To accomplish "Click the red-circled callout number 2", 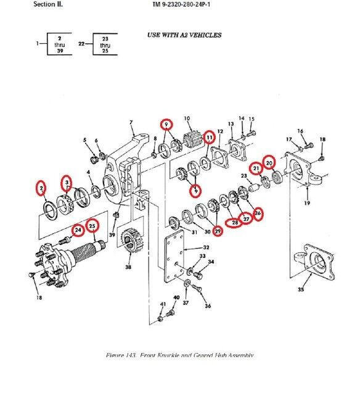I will (x=41, y=187).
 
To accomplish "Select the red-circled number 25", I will (x=92, y=226).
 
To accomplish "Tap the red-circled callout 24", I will (x=77, y=231).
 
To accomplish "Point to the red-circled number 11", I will (x=210, y=138).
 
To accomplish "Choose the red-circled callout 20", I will (x=269, y=163).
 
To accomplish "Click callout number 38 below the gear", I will (x=128, y=267).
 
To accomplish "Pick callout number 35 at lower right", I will (x=300, y=288).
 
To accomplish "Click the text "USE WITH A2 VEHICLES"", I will (x=184, y=35).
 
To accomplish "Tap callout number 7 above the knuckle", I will (x=131, y=123).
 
